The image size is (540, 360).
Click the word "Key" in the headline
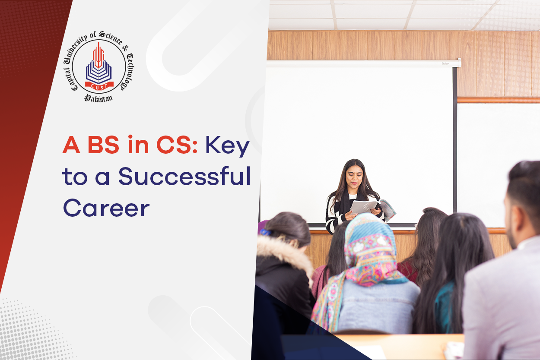point(228,147)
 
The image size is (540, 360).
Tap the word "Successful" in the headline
point(184,177)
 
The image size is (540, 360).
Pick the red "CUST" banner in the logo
point(99,85)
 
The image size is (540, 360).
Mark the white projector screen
point(359,129)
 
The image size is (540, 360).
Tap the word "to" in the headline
point(73,178)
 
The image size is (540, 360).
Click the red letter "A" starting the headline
point(72,146)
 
